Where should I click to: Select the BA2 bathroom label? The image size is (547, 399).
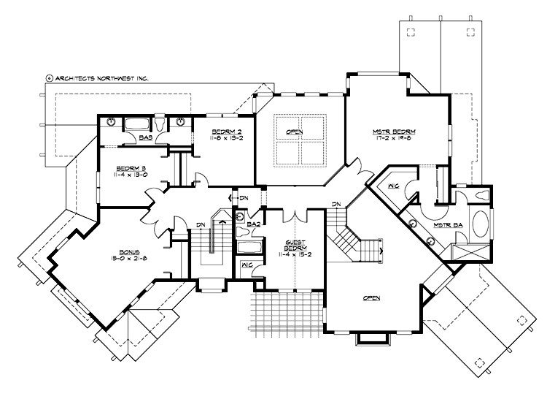(254, 224)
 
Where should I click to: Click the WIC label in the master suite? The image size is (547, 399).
(393, 186)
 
